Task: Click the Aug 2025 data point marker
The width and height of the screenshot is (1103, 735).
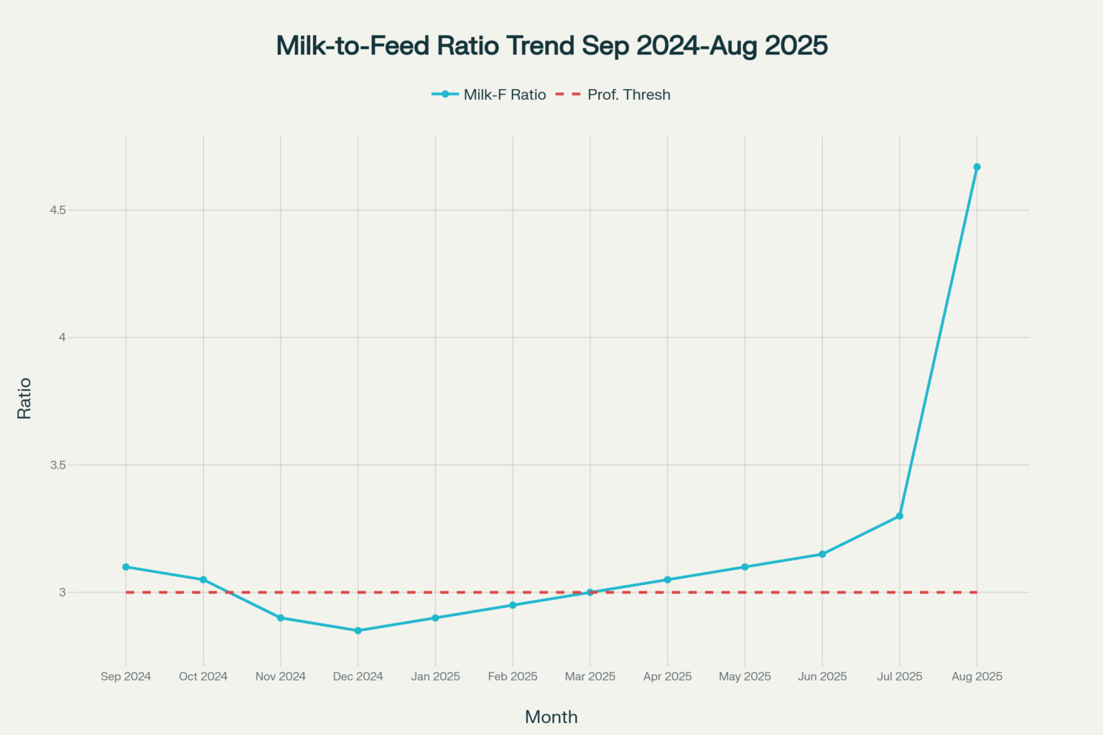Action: tap(977, 167)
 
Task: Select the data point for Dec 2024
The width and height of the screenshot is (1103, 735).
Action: tap(358, 631)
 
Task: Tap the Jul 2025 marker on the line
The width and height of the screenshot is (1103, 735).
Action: tap(900, 516)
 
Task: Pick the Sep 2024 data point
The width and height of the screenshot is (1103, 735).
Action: tap(126, 567)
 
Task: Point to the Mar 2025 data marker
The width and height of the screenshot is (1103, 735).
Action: tap(590, 592)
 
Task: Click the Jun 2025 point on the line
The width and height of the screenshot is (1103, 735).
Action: tap(822, 554)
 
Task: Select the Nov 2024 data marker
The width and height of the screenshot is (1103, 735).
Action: tap(281, 618)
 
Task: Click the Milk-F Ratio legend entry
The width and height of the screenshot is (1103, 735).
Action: tap(488, 95)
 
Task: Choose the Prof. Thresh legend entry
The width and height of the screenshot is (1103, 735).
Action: tap(613, 95)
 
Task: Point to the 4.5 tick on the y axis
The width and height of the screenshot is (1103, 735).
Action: tap(57, 210)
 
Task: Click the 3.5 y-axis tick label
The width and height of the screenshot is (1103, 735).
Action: tap(57, 465)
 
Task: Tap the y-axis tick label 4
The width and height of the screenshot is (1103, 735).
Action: tap(62, 338)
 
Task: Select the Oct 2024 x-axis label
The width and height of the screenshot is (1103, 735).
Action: tap(203, 676)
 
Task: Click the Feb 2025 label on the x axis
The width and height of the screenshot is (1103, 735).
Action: tap(513, 676)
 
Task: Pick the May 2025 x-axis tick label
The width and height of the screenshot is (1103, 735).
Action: tap(745, 676)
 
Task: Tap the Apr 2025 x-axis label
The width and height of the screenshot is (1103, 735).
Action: tap(668, 676)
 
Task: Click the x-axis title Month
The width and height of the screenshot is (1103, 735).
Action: tap(551, 717)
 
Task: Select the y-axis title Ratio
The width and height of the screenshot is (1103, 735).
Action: tap(24, 399)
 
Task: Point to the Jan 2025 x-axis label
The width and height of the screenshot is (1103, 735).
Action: tap(435, 676)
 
